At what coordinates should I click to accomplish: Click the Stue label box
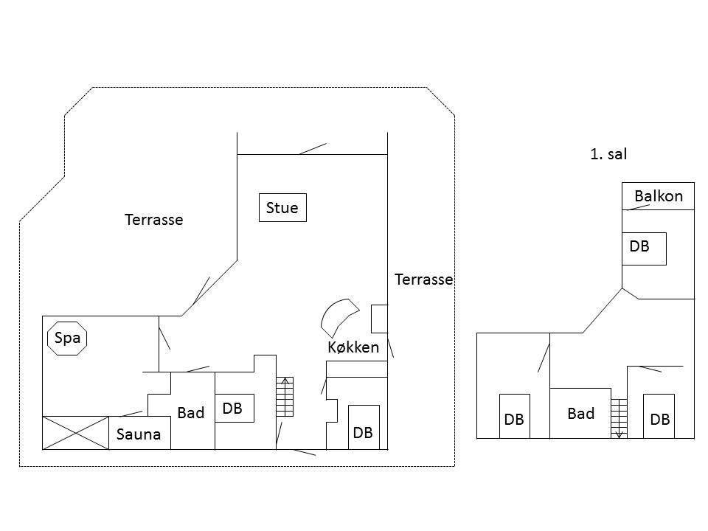(x=282, y=208)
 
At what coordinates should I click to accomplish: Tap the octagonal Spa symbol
(x=67, y=339)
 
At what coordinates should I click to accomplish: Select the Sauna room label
(x=139, y=434)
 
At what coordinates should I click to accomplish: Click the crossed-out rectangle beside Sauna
(x=75, y=433)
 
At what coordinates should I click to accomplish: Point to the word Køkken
(x=353, y=347)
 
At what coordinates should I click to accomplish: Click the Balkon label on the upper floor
(x=659, y=196)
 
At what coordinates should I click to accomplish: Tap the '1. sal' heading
(x=608, y=154)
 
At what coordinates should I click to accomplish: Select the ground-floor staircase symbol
(x=285, y=397)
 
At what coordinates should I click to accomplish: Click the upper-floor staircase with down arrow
(x=619, y=419)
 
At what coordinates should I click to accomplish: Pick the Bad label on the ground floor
(x=190, y=413)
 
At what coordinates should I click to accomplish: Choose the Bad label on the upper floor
(x=580, y=414)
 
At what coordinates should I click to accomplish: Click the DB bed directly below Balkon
(x=644, y=249)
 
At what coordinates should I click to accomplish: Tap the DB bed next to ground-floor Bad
(x=235, y=408)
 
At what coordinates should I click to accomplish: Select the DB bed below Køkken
(x=364, y=427)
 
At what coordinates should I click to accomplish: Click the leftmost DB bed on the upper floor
(x=515, y=416)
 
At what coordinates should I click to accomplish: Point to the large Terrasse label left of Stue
(x=153, y=220)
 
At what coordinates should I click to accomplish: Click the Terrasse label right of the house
(x=423, y=280)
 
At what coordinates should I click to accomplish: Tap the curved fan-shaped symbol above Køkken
(x=339, y=318)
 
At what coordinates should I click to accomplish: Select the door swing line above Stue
(x=313, y=149)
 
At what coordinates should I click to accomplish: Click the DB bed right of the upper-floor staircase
(x=659, y=416)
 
